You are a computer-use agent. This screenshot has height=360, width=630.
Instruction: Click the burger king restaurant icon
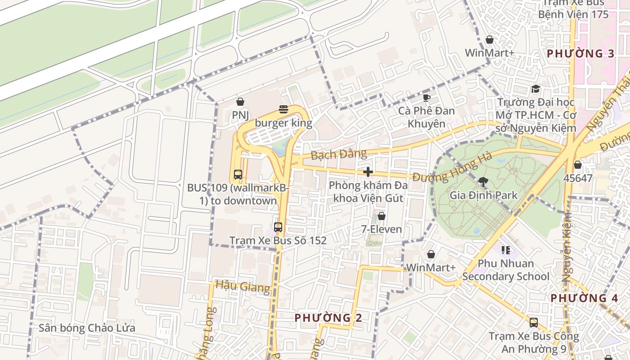coord(283,109)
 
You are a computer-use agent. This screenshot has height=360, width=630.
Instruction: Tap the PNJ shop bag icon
coord(240,102)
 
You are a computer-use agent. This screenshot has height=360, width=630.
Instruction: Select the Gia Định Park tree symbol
coord(484,182)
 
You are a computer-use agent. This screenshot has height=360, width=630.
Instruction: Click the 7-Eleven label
coord(382,229)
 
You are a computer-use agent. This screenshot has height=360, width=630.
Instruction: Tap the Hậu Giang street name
coord(243,286)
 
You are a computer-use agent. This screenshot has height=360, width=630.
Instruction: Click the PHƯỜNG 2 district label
coord(328,318)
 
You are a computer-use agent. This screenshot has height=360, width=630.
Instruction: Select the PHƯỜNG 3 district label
coord(580,54)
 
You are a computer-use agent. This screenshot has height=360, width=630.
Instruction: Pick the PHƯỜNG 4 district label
coord(584,298)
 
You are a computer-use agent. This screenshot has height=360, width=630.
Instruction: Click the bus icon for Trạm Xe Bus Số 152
coord(278,227)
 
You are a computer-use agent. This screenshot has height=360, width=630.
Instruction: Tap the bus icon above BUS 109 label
coord(238,174)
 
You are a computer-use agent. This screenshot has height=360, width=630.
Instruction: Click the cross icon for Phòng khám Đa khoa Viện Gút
coord(368,172)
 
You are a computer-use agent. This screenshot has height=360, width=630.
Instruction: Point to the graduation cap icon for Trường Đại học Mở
coord(535,89)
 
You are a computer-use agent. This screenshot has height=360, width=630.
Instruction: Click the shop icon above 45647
coord(578,165)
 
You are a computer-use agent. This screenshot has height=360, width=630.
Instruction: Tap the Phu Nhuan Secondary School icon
coord(505,250)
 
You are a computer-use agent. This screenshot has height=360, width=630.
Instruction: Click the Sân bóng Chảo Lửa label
coord(87,328)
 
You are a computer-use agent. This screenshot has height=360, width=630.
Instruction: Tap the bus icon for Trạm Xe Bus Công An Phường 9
coord(533,322)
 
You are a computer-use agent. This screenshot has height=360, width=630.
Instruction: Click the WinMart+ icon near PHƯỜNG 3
coord(490,40)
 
